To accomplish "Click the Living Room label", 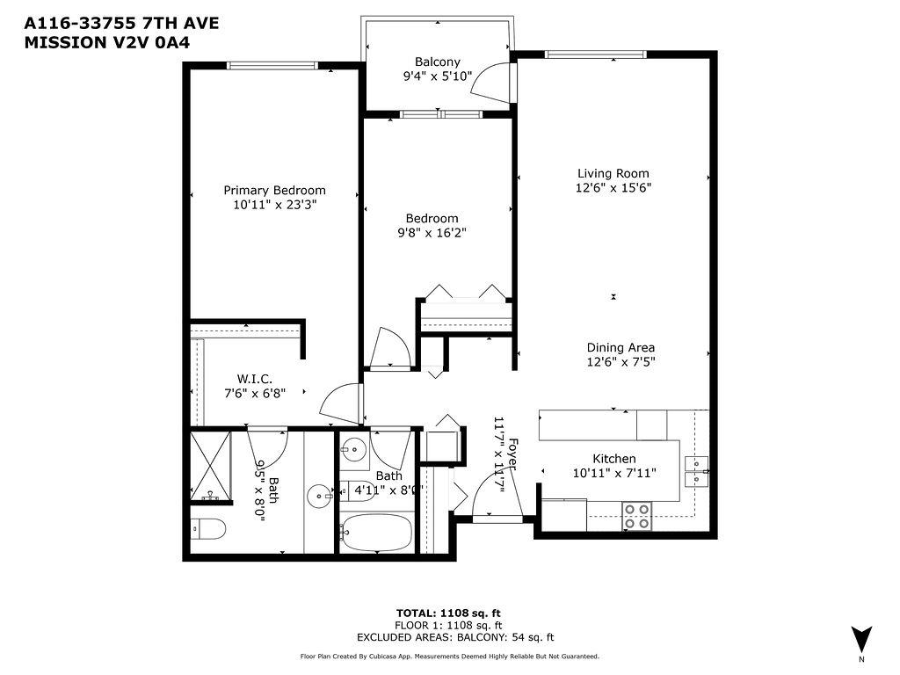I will point(613,173).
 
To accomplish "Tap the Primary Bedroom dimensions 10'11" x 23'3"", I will point(274,205).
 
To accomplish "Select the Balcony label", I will point(437,62).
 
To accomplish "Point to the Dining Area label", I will point(621,347).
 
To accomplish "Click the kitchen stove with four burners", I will point(636,515).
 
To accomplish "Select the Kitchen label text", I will point(613,459).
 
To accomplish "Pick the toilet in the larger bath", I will point(207,529).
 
